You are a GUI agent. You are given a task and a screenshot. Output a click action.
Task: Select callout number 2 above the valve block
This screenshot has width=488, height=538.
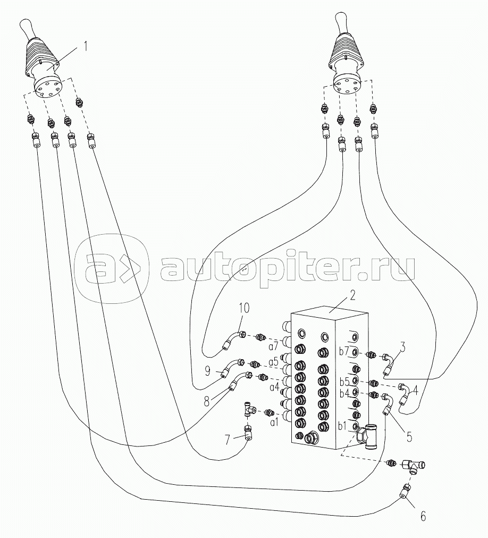(x=352, y=295)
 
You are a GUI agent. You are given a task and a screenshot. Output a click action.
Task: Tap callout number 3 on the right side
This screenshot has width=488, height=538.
(x=403, y=349)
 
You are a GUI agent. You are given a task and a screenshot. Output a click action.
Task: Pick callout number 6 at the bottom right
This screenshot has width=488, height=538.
(x=423, y=516)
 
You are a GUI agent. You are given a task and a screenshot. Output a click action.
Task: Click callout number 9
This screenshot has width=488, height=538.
(x=207, y=369)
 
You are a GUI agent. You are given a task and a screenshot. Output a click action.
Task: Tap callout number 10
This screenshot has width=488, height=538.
(x=243, y=308)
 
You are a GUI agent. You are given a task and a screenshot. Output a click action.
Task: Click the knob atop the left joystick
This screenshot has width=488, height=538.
(x=27, y=27)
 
